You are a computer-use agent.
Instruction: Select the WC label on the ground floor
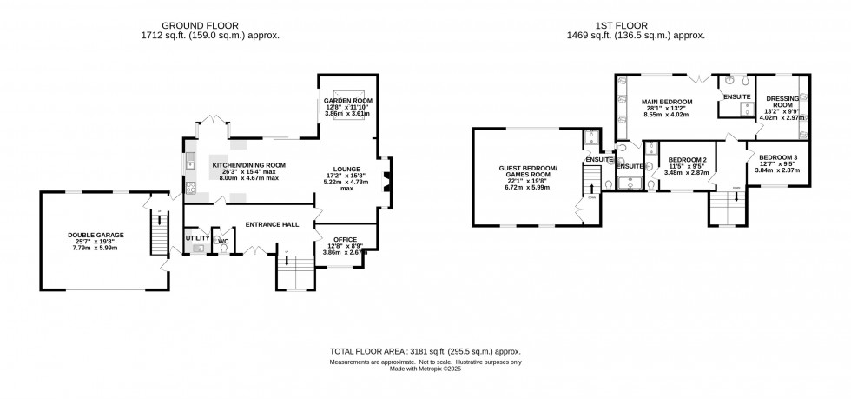(x=223, y=241)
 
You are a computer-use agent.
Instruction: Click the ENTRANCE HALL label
(x=274, y=225)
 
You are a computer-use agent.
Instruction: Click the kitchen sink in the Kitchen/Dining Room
(x=190, y=161)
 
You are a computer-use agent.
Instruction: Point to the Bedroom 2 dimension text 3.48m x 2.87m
(x=686, y=172)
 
